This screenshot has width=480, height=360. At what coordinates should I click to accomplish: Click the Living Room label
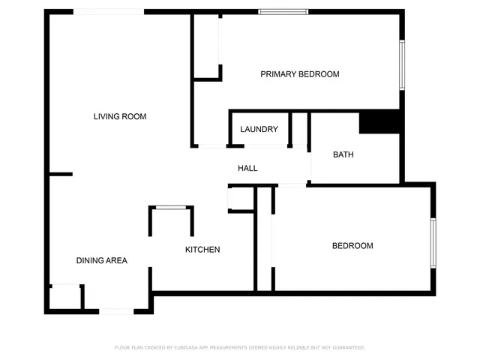pos(119,116)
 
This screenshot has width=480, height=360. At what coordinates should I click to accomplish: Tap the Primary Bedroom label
pos(299,74)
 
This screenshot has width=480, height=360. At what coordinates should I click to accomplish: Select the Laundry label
pos(259,129)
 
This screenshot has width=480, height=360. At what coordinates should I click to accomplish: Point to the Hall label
pos(247,168)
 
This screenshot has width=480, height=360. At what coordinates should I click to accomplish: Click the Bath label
pos(343,154)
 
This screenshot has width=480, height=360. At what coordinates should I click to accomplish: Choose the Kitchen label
pos(202,249)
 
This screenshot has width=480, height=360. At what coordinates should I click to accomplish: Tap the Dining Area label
pos(101,260)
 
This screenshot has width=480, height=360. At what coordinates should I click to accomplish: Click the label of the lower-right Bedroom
pos(352,246)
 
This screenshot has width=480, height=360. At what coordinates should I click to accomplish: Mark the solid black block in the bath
pos(379,122)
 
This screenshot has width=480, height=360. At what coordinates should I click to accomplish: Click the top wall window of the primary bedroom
pos(283,11)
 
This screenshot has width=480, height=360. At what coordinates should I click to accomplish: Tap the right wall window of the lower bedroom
pos(433,242)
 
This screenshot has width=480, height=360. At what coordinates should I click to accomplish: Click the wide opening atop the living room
pos(109,11)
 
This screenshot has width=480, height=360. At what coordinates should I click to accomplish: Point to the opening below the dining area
pos(117,310)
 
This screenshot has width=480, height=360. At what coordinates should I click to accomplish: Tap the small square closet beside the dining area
pos(65,297)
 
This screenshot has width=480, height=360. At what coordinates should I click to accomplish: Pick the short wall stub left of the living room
pos(60,174)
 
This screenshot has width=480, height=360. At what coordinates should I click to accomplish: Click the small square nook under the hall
pos(241,199)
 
